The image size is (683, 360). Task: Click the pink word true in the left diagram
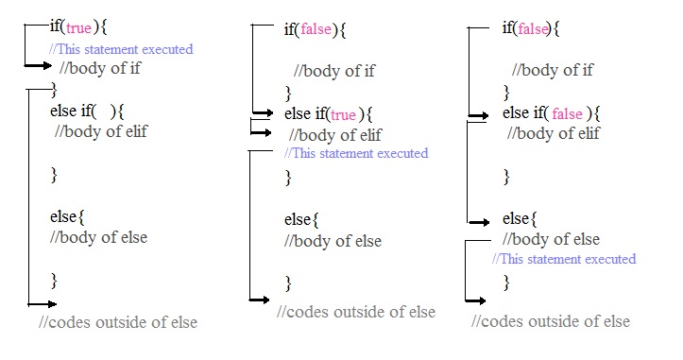(x=79, y=27)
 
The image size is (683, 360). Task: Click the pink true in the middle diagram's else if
(x=343, y=114)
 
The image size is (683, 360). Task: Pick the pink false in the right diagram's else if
(x=567, y=113)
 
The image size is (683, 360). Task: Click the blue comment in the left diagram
(x=121, y=49)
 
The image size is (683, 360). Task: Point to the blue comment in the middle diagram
(x=356, y=153)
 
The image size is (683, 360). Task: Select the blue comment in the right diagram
(x=565, y=259)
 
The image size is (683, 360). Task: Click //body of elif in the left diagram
(x=101, y=131)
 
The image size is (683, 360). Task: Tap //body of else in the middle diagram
(x=333, y=241)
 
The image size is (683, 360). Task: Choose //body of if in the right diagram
(x=553, y=70)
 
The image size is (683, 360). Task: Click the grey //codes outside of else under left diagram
(x=118, y=322)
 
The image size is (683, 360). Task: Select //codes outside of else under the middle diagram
(x=356, y=312)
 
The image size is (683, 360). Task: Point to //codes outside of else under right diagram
(x=551, y=322)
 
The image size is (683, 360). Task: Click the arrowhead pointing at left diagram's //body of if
(x=44, y=65)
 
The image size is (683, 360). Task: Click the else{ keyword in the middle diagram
(x=301, y=220)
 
